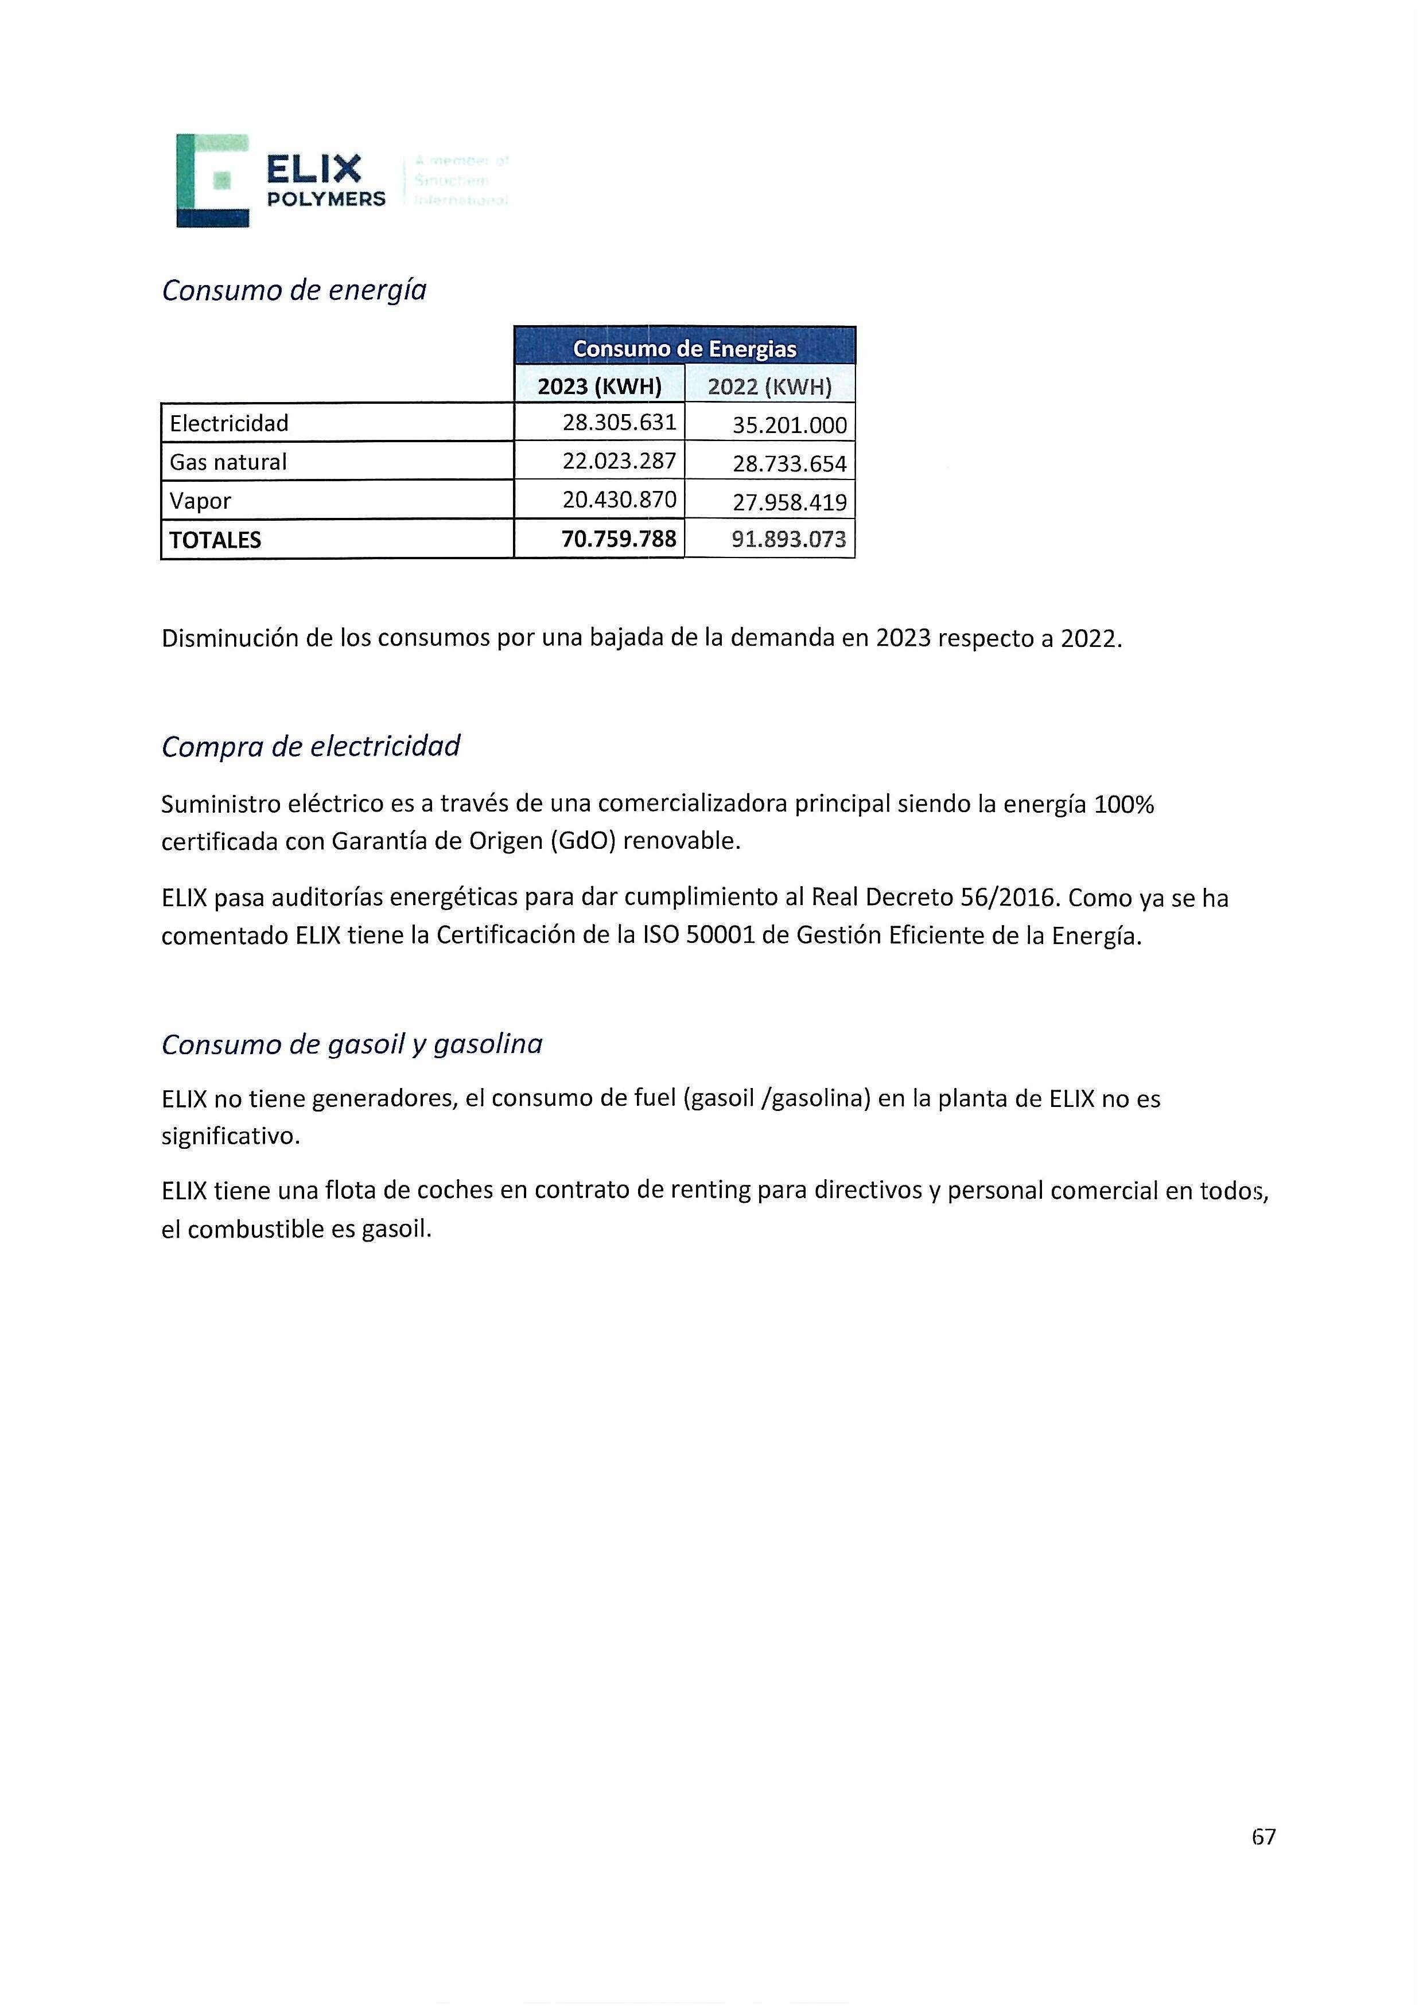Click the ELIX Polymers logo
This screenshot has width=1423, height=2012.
(281, 181)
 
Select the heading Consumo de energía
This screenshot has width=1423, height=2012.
(294, 290)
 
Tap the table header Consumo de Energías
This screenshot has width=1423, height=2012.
(684, 349)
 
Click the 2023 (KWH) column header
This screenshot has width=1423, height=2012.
(599, 387)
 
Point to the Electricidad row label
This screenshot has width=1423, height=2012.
(229, 423)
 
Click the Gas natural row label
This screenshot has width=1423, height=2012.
(228, 462)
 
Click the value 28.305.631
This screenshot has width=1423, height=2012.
(619, 422)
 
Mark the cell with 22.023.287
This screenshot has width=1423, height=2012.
(619, 461)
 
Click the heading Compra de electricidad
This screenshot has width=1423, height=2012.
(310, 746)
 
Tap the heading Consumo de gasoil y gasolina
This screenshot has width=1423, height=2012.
(352, 1044)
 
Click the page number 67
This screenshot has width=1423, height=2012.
(1263, 1836)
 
